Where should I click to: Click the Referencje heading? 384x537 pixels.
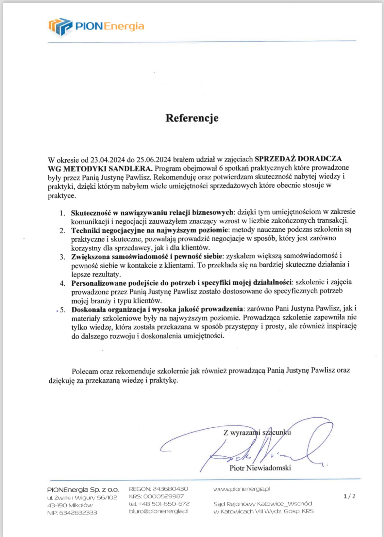click(192, 118)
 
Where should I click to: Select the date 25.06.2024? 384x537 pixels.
click(154, 160)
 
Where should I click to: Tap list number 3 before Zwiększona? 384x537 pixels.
click(62, 257)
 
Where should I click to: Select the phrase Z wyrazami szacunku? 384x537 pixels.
click(257, 433)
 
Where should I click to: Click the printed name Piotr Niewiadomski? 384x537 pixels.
click(260, 468)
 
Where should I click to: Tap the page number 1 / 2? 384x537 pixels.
click(349, 496)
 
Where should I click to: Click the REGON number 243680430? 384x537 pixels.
click(170, 489)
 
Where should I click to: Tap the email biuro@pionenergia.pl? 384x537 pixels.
click(159, 511)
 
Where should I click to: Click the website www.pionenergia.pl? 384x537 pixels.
click(242, 489)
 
